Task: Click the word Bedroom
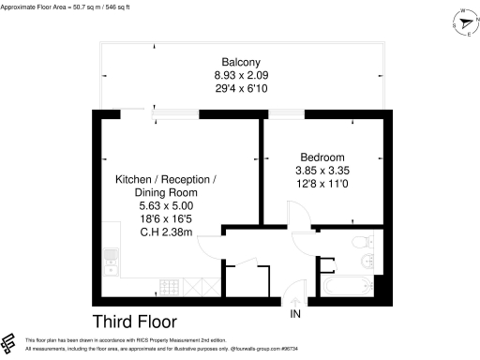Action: pyautogui.click(x=322, y=157)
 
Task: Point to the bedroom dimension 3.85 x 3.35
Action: pyautogui.click(x=322, y=170)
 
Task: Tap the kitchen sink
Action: pyautogui.click(x=110, y=254)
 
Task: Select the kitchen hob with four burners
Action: pyautogui.click(x=170, y=285)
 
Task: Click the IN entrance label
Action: pyautogui.click(x=295, y=313)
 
